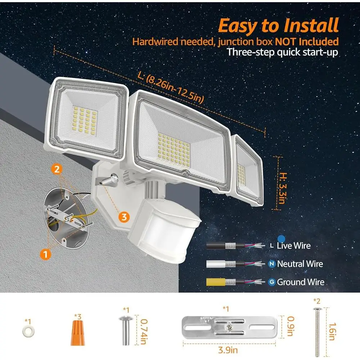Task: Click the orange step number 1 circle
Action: coord(45,254)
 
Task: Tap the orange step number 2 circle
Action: coord(57,169)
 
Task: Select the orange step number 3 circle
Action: coord(124,217)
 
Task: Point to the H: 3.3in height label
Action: coord(282,188)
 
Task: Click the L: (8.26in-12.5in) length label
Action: coord(171,87)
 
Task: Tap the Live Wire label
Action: coord(294,246)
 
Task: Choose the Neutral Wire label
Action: coord(300,264)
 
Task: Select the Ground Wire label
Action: coord(301,282)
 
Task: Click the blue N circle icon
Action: coord(271,264)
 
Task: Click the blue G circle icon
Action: coord(271,282)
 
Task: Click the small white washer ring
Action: coord(28,331)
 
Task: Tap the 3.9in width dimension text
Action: coord(228,350)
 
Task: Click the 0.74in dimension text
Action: coord(144,332)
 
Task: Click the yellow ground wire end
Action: coord(216,282)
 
